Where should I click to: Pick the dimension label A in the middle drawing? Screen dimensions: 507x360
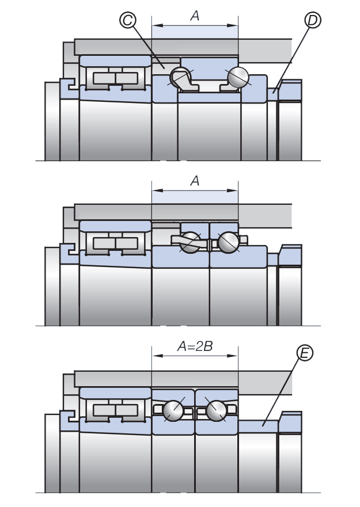click(195, 181)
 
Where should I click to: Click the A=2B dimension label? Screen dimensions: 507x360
click(194, 346)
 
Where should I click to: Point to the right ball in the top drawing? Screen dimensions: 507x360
click(238, 77)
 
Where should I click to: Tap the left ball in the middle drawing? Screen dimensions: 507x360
click(191, 242)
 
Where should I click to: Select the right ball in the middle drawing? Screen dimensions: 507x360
click(228, 242)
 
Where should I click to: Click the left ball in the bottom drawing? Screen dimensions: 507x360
click(173, 410)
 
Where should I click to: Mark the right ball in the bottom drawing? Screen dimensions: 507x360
click(217, 410)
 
